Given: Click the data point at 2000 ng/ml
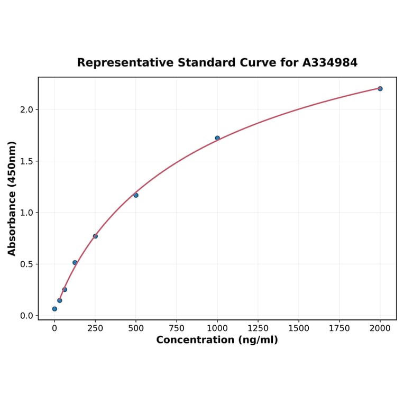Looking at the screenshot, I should [x=380, y=89].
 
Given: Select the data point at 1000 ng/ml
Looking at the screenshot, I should [x=217, y=138].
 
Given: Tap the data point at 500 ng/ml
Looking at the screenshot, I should [x=136, y=195].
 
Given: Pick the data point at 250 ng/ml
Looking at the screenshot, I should [x=95, y=236].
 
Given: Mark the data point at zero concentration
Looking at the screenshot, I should [x=54, y=309].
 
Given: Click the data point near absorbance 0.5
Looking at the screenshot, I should [x=75, y=263].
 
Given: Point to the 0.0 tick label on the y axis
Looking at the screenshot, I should [x=26, y=316].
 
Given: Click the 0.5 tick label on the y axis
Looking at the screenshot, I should [x=26, y=264].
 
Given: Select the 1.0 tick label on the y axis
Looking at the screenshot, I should [x=26, y=213].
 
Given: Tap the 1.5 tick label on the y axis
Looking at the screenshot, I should [x=26, y=161].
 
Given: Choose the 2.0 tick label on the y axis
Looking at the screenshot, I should [x=26, y=109].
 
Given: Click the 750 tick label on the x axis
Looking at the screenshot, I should [x=177, y=328].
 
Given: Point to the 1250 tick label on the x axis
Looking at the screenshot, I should [x=258, y=328].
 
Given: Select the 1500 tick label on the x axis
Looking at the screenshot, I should [x=299, y=328].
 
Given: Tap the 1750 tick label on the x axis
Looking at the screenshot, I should [x=339, y=328].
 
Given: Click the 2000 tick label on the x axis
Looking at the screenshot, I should [x=380, y=328].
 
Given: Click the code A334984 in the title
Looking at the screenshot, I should [x=330, y=63].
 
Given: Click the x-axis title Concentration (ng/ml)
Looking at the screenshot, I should [x=217, y=340].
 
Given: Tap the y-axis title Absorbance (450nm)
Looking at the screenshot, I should [x=12, y=198].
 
